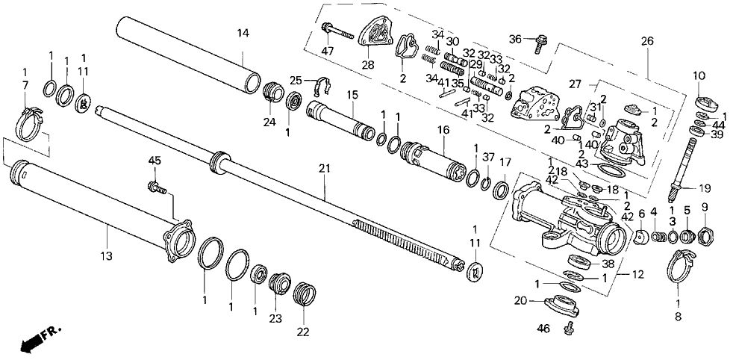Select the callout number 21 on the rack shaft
point(324,170)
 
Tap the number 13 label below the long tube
point(107,256)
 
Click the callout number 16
point(443,129)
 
